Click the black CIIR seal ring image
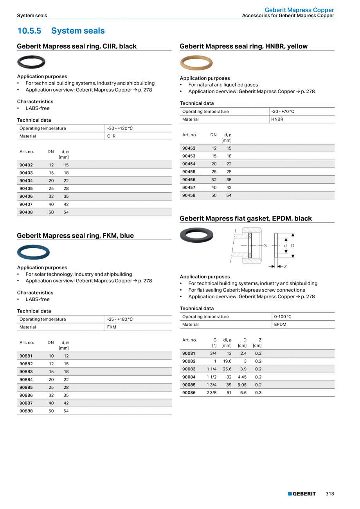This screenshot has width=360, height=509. tap(31, 62)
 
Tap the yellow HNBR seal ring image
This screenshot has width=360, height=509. tap(196, 63)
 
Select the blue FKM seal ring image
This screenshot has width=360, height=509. tap(33, 252)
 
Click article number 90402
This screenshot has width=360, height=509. tap(26, 165)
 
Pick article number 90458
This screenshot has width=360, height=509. tap(189, 195)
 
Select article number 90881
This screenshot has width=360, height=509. tap(26, 356)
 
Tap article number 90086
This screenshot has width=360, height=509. tap(189, 393)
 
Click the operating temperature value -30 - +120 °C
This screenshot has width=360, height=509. tap(120, 128)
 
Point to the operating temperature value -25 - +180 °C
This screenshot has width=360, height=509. tap(120, 319)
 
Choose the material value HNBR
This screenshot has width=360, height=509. tap(277, 119)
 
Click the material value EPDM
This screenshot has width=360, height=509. tap(280, 325)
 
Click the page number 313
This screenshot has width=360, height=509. tap(330, 494)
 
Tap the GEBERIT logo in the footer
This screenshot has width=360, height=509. tap(302, 494)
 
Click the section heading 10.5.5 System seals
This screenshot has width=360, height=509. tap(61, 31)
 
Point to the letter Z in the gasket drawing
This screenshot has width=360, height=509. tap(285, 267)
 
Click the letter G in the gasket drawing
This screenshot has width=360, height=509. tap(265, 245)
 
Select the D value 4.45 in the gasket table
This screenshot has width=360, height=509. tap(242, 377)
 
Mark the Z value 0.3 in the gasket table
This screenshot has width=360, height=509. tap(258, 393)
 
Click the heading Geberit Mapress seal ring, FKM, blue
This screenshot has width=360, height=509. tap(75, 236)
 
